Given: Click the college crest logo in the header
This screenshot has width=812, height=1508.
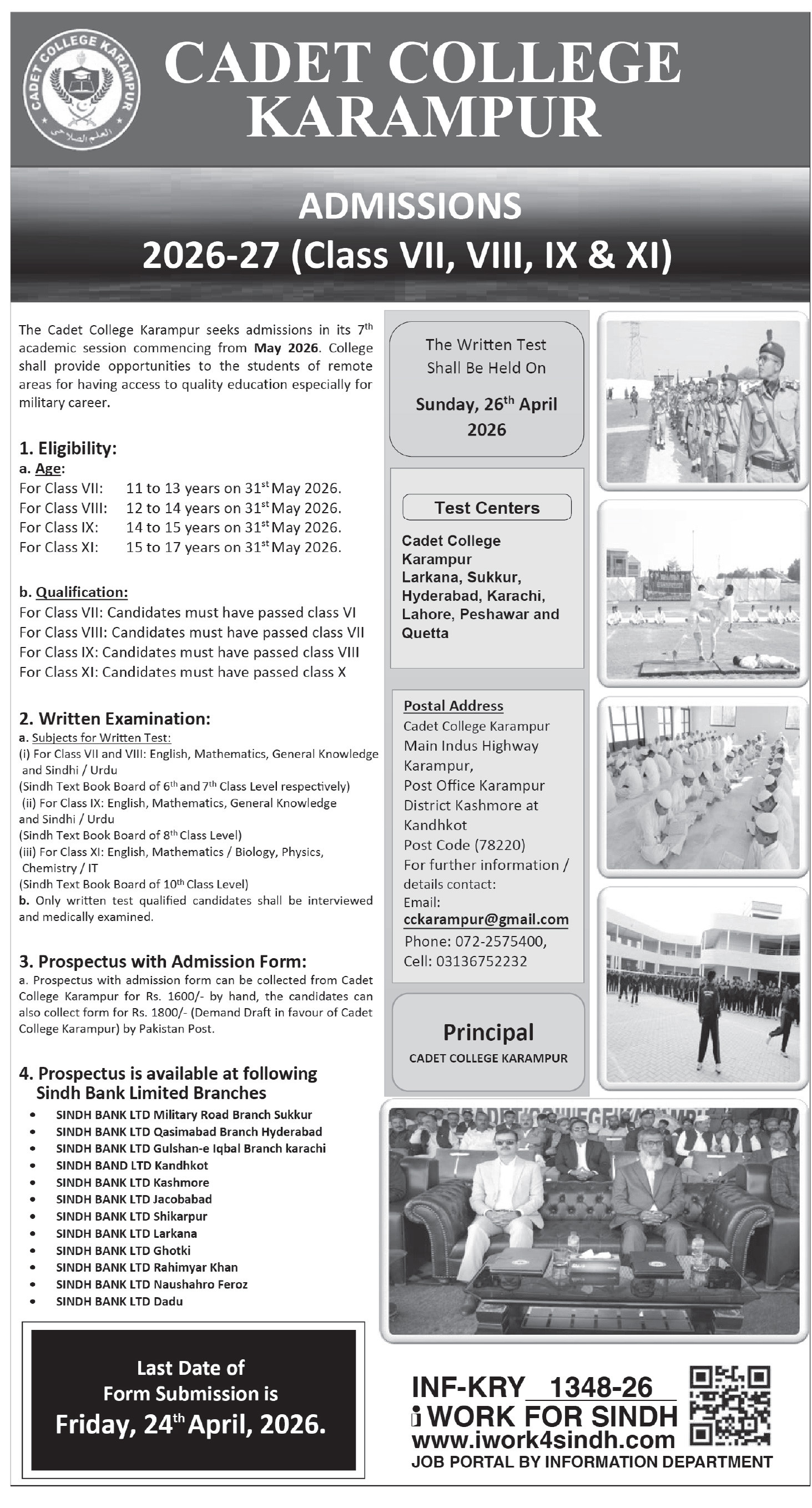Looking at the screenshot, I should (82, 92).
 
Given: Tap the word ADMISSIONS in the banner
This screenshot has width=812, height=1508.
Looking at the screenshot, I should (410, 206).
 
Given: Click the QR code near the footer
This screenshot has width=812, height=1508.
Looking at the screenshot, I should (729, 1405).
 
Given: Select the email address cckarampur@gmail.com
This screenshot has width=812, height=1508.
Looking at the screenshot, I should (486, 920).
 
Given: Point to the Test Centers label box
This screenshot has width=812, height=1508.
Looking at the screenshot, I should (487, 508).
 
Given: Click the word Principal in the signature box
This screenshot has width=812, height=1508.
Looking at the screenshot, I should (488, 1033).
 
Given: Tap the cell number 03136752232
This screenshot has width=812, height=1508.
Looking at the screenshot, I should (481, 962).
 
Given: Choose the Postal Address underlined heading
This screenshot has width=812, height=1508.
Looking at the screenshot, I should (453, 706).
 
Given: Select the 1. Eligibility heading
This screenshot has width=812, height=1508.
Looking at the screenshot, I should (68, 448).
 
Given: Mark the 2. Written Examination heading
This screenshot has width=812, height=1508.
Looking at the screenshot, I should (115, 718).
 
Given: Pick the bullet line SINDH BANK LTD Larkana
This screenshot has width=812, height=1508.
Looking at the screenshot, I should (127, 1233).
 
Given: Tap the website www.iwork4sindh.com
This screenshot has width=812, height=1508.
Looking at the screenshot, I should (543, 1440).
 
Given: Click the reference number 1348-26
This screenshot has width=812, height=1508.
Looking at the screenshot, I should (601, 1388).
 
